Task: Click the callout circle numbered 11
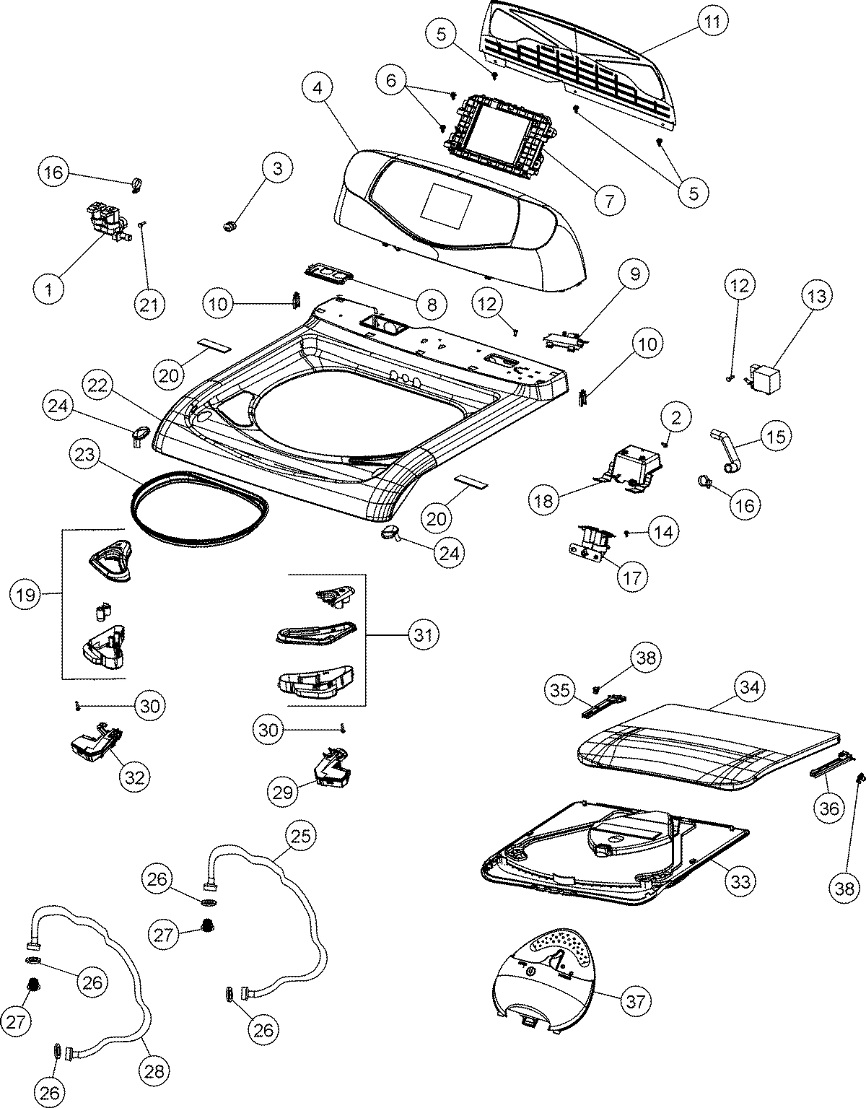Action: click(x=712, y=22)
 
